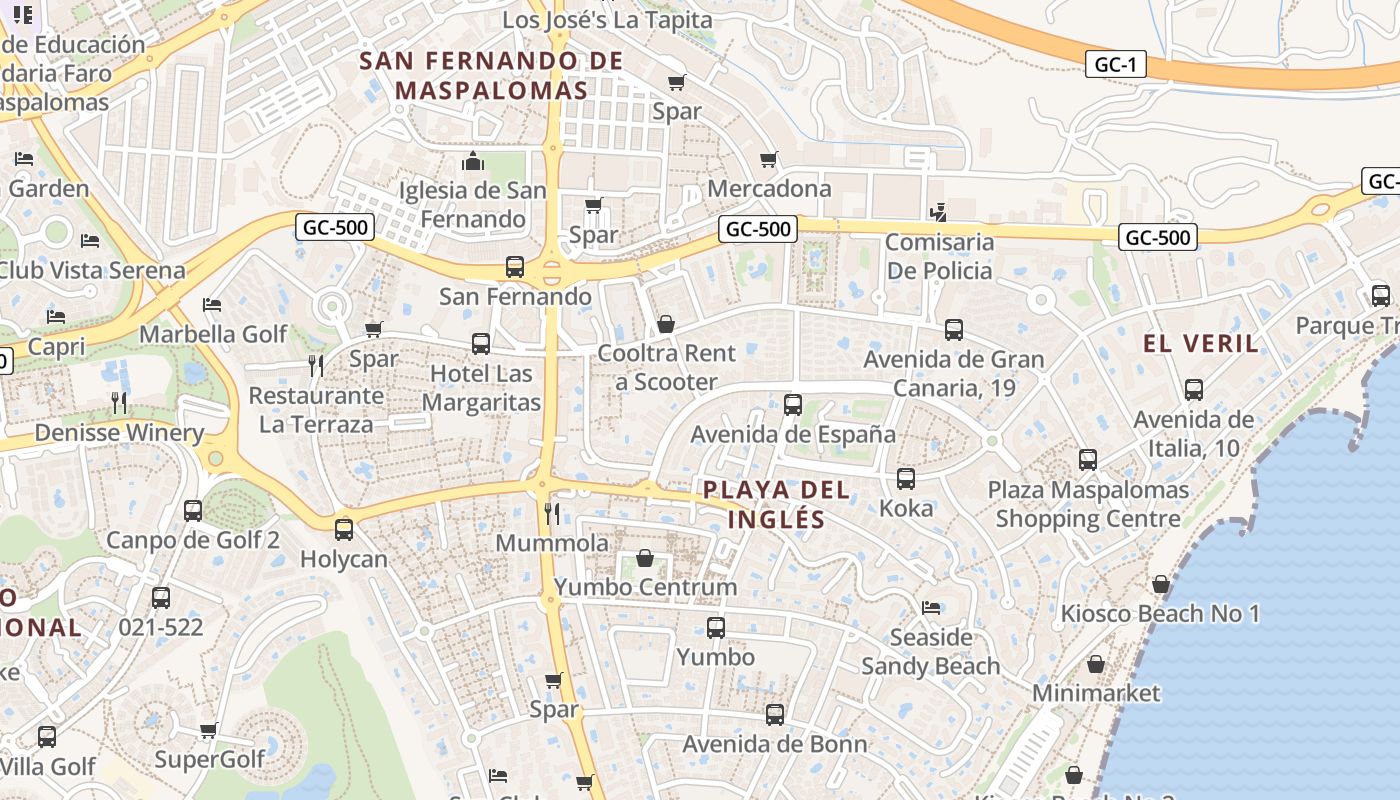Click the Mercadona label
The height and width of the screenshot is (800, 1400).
pos(769,188)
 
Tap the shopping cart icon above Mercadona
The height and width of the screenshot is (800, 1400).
pos(769,160)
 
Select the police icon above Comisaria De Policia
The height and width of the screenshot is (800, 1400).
pos(938,212)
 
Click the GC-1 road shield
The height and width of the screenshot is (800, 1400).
pos(1115,65)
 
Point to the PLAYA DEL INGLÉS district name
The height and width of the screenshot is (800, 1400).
pos(777,504)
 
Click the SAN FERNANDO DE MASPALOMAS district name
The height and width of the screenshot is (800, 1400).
pos(491,75)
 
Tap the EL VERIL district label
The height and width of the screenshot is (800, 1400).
pos(1201,344)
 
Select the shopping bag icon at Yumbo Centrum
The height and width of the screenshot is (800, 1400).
pos(645,558)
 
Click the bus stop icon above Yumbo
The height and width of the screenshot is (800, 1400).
pos(716,628)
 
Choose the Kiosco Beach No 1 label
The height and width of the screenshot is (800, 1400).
pos(1160,613)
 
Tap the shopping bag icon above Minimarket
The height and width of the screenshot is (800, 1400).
pos(1096,664)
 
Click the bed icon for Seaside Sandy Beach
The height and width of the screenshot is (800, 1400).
pos(931,608)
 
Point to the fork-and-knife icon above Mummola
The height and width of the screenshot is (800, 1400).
pos(552,513)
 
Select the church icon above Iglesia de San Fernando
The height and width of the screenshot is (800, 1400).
pos(473,161)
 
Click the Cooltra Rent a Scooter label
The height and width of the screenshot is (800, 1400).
pos(666,367)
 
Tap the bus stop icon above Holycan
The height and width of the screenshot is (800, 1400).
pos(344,529)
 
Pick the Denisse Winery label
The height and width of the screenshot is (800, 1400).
pos(119,433)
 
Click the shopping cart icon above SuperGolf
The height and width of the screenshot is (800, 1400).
pos(209,730)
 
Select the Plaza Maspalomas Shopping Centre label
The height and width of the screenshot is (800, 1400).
pos(1088,504)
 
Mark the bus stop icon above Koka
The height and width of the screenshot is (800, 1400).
pos(906,479)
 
